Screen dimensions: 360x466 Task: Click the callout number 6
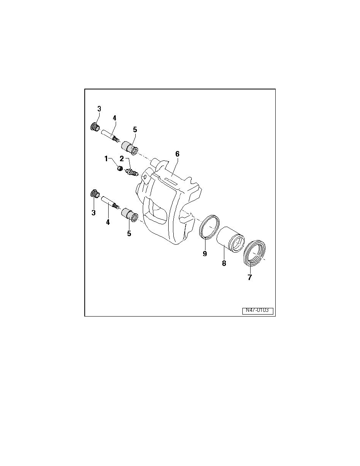(177, 154)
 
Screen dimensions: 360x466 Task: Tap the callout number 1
(106, 159)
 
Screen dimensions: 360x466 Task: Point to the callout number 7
(249, 277)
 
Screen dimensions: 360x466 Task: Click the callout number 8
(224, 263)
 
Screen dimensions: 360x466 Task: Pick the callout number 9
(205, 253)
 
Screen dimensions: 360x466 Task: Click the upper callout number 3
(99, 109)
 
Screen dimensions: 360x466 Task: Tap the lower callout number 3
(94, 213)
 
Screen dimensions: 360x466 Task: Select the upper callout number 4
(115, 118)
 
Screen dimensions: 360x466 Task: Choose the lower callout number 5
(129, 234)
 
